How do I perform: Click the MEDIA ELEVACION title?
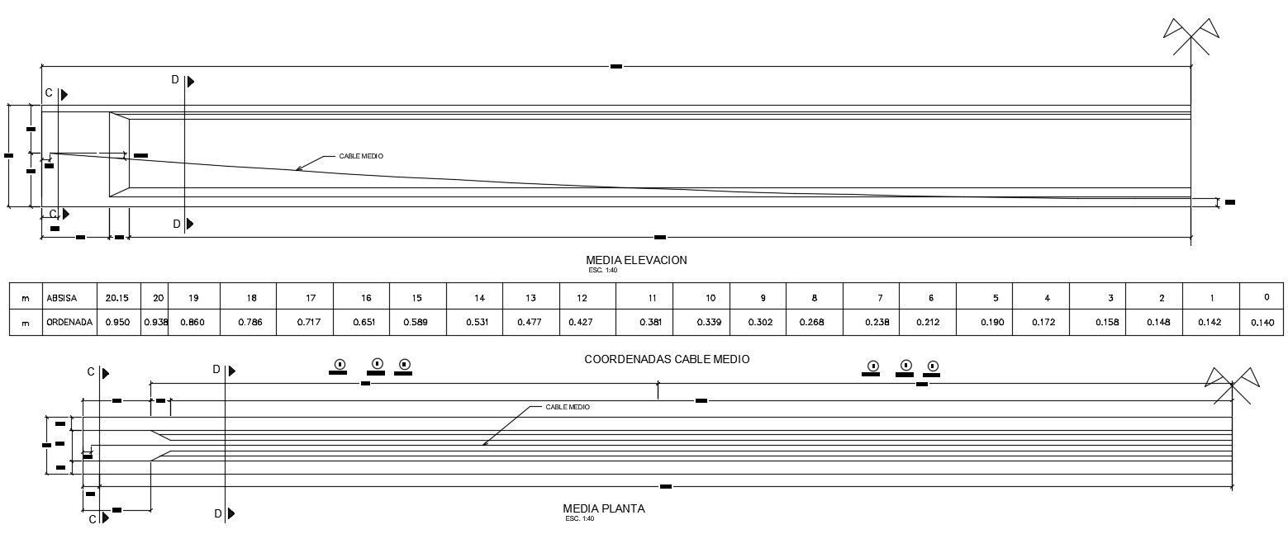click(x=636, y=260)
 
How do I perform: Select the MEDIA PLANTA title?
click(x=603, y=508)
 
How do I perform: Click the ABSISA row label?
click(x=62, y=297)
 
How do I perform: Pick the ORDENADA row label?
click(x=69, y=322)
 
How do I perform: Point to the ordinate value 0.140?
click(x=1262, y=322)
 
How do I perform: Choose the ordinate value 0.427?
click(x=582, y=322)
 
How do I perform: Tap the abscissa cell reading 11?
click(x=653, y=297)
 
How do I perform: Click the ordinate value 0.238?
click(x=877, y=322)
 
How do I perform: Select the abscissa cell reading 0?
click(x=1267, y=297)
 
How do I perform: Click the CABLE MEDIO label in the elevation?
click(x=361, y=156)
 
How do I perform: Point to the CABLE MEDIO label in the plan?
click(x=568, y=407)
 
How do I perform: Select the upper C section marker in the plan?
click(x=97, y=372)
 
